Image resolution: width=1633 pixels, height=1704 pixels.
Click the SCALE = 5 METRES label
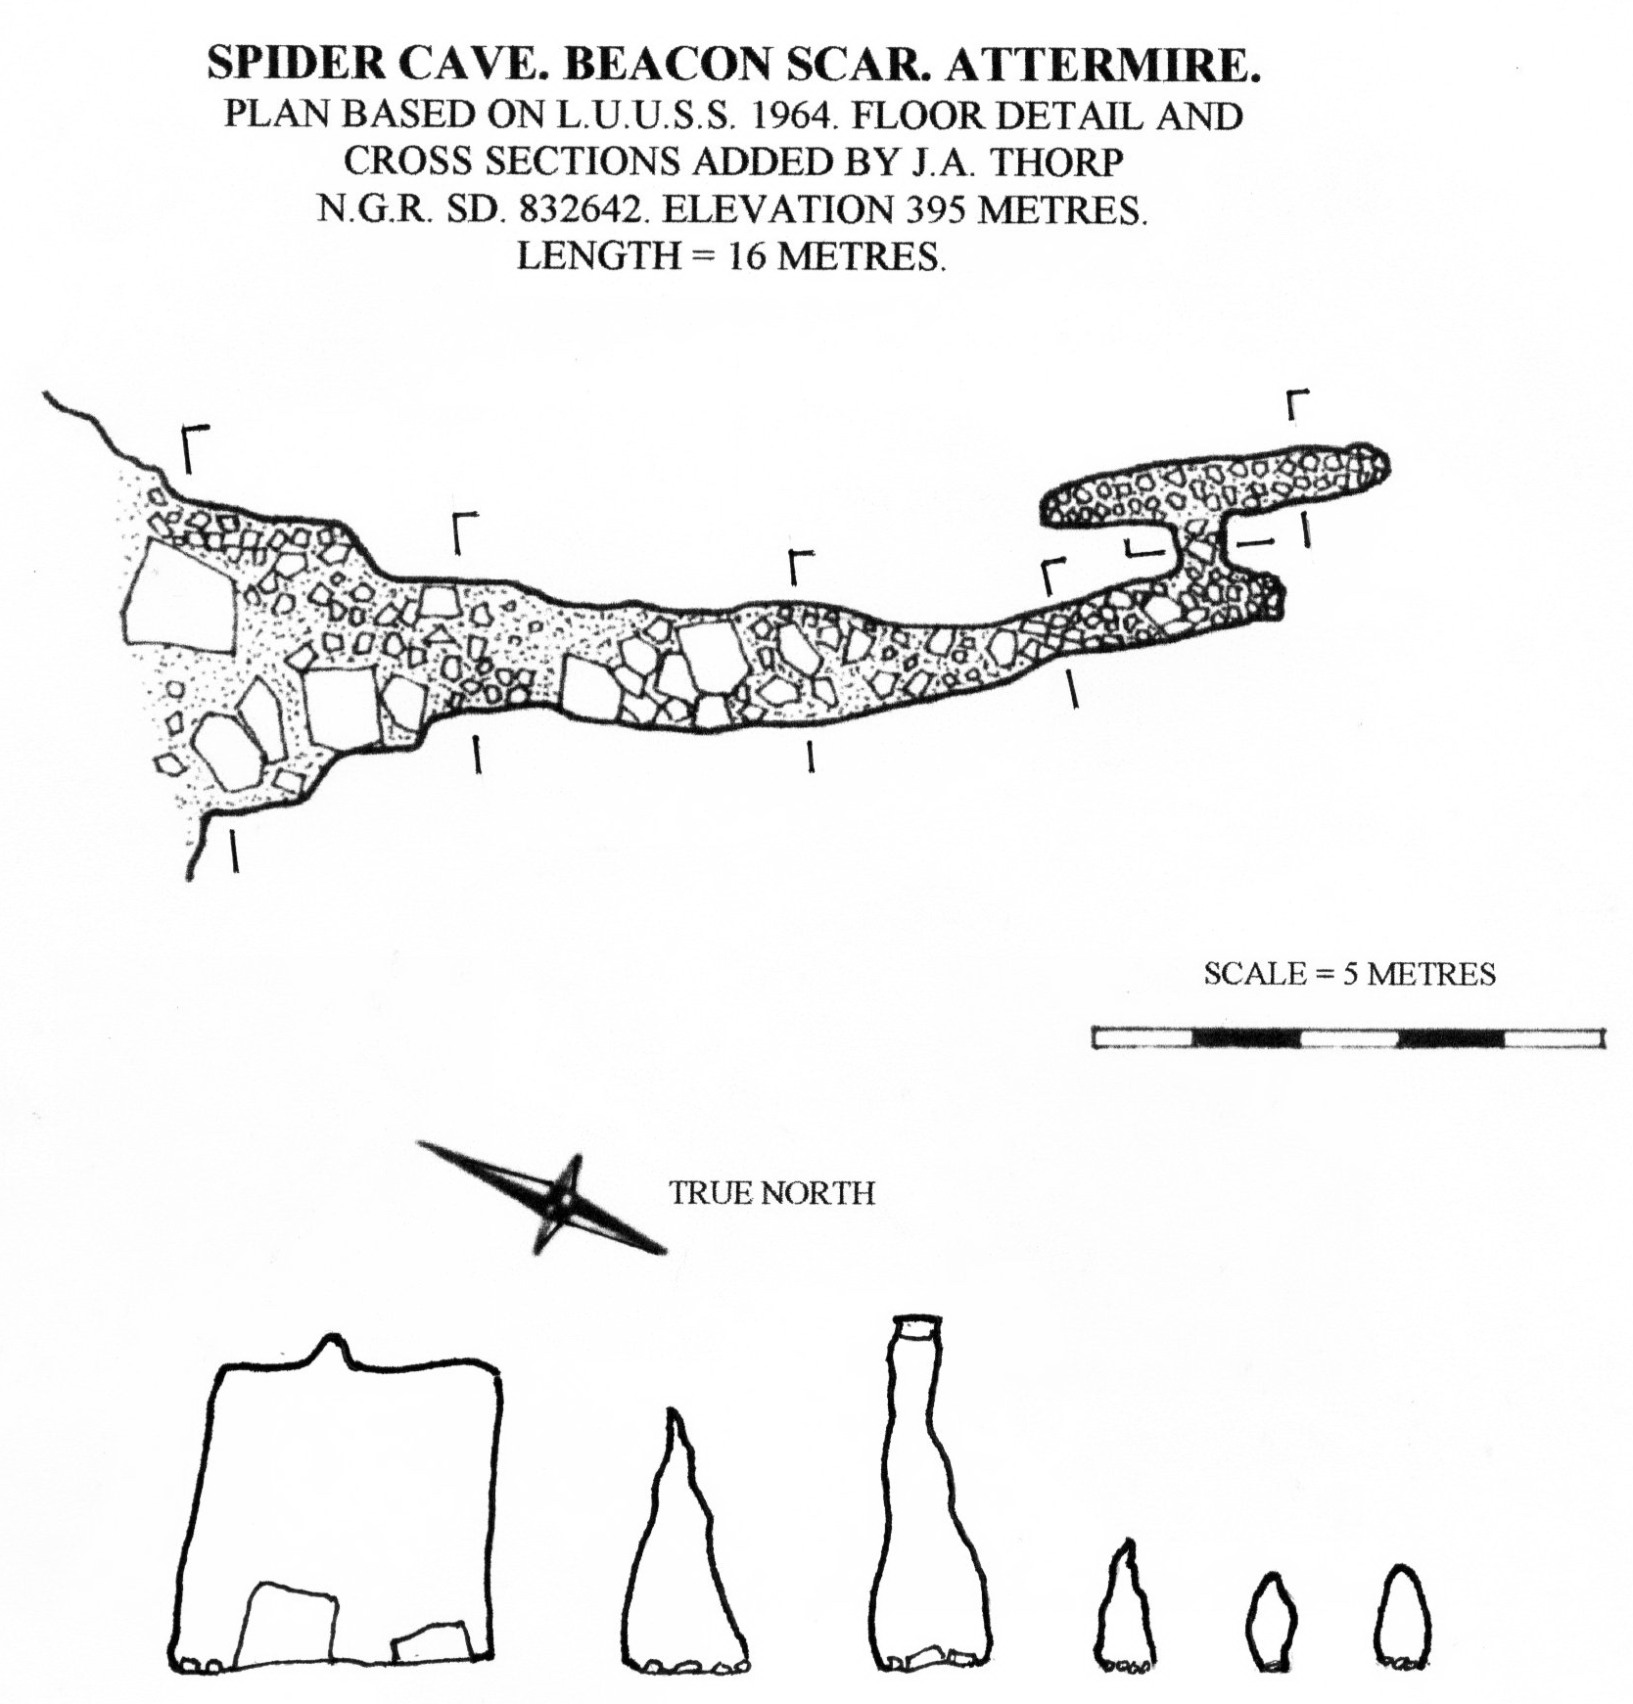[x=1349, y=974]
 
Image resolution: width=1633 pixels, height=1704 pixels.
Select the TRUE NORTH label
[x=771, y=1192]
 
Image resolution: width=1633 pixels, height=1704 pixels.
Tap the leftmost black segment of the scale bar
[x=1245, y=1037]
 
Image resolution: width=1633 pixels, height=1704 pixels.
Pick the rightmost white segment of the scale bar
[x=1553, y=1037]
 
